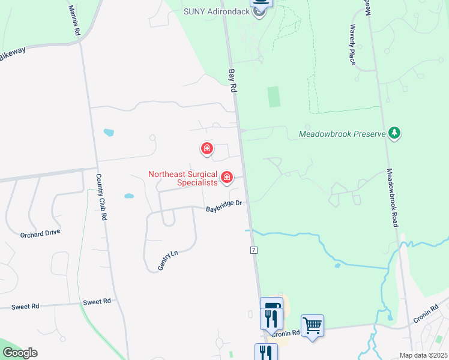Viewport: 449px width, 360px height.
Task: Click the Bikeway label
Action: point(12,54)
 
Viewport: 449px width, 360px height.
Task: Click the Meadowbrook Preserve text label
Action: point(342,134)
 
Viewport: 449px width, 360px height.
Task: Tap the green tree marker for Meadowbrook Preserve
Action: point(394,133)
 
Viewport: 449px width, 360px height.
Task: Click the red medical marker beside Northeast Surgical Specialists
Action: point(227,176)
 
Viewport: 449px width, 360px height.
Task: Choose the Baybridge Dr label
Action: point(224,207)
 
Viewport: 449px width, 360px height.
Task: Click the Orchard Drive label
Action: point(40,234)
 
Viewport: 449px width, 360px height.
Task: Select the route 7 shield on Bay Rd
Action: point(254,249)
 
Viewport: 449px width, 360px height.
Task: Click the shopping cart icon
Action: point(312,326)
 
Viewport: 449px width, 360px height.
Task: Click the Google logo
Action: point(20,353)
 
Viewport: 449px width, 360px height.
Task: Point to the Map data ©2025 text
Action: point(423,355)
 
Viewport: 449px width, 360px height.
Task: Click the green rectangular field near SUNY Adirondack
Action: point(274,97)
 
